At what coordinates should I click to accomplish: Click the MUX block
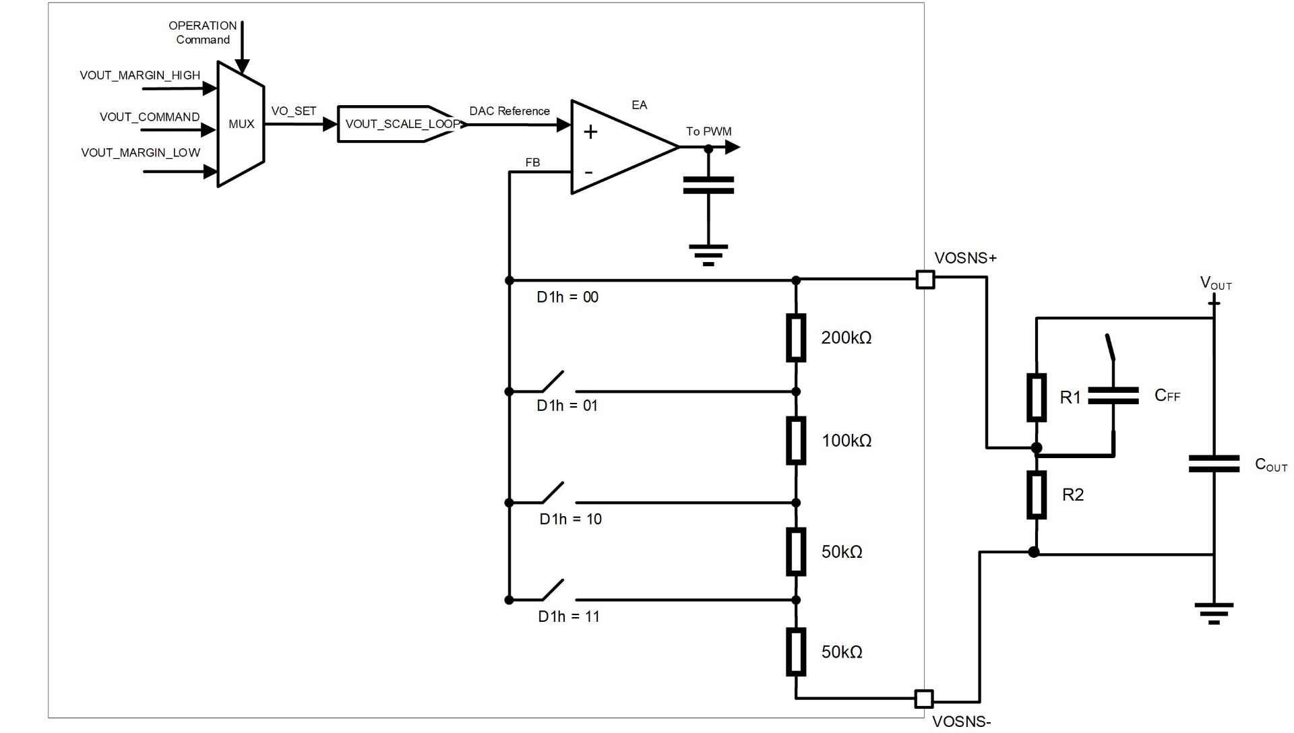click(x=241, y=124)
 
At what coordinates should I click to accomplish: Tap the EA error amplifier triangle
click(x=620, y=147)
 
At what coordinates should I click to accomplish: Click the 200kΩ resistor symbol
click(x=796, y=338)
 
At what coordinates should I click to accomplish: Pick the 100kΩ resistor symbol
click(x=796, y=441)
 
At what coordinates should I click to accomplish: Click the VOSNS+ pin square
click(x=925, y=280)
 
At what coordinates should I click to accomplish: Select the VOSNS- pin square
click(x=923, y=699)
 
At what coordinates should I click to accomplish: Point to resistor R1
click(x=1037, y=397)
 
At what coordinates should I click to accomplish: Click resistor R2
click(x=1037, y=495)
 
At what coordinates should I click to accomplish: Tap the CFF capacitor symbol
click(x=1113, y=395)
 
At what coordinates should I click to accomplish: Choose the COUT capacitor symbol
click(x=1214, y=464)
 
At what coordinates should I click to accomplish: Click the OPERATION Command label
click(x=202, y=32)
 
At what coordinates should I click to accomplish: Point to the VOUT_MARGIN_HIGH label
click(x=140, y=75)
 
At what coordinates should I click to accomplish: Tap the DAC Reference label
click(x=510, y=111)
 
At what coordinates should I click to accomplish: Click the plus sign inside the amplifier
click(x=590, y=131)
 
